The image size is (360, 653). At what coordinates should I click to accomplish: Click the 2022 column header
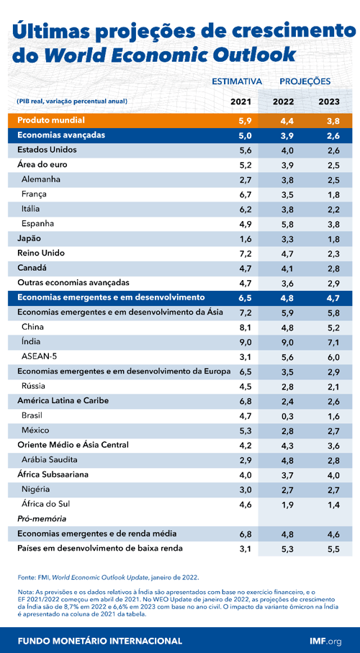pos(283,102)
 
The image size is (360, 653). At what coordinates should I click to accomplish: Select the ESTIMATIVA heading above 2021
pos(236,82)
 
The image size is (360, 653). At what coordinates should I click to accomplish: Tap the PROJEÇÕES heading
pos(305,82)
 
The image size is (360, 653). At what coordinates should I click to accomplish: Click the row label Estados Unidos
pos(47,150)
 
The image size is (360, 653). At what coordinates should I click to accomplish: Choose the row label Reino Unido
pos(41,253)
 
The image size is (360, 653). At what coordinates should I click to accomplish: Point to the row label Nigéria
pos(37,489)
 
